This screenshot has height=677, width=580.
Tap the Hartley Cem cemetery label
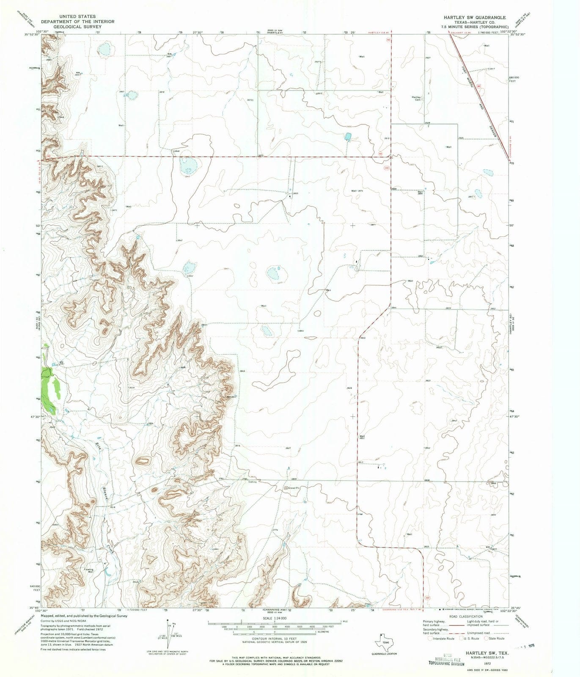tap(417, 98)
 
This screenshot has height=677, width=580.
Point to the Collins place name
tap(252, 482)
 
